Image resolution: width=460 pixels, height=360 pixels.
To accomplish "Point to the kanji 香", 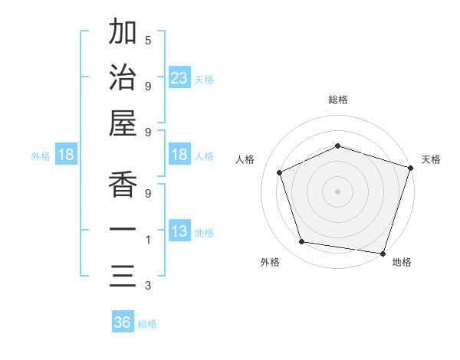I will click(x=123, y=185).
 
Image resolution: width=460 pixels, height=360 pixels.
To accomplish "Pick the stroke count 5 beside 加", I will click(x=148, y=41).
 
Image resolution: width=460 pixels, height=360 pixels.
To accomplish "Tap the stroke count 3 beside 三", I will click(x=148, y=286).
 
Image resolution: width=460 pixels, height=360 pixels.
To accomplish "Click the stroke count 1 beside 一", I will click(x=148, y=241).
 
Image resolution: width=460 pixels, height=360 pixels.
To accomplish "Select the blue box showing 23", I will click(x=179, y=78).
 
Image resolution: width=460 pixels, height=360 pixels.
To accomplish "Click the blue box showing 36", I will click(x=123, y=322).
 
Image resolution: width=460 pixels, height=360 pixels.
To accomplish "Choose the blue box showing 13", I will click(x=179, y=232).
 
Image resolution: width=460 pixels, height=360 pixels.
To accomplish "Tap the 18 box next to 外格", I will click(x=66, y=155).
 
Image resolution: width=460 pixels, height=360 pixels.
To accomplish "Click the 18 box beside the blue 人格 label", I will click(x=179, y=155).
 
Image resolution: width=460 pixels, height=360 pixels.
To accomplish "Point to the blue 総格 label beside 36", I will click(x=147, y=324).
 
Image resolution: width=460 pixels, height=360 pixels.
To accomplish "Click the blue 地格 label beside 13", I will click(x=204, y=233).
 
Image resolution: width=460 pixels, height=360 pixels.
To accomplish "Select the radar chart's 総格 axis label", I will click(x=337, y=100).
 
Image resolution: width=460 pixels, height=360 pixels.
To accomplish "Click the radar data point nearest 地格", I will click(x=383, y=253).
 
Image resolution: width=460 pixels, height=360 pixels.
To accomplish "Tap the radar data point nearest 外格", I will click(x=302, y=242).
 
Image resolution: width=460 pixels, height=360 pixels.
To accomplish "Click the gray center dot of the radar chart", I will click(x=337, y=191).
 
